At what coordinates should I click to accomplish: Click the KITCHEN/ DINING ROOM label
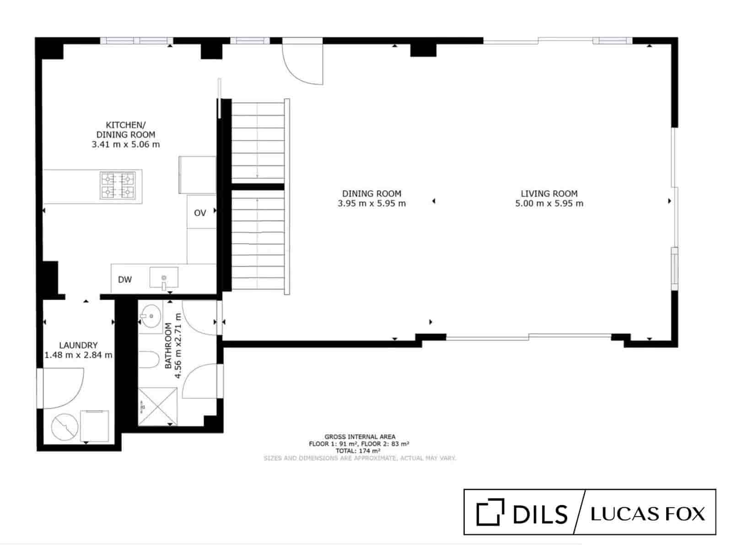[125, 129]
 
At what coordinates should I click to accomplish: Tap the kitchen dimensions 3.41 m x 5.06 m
[126, 145]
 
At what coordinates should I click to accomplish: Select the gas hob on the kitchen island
[118, 185]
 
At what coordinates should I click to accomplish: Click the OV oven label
[200, 213]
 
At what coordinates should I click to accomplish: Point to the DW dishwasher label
[125, 280]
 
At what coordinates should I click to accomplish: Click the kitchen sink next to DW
[164, 278]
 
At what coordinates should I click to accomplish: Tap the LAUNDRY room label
[78, 345]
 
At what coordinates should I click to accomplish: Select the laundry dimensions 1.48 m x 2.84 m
[78, 355]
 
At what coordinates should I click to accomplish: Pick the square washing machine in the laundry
[95, 426]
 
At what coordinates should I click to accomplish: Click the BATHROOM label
[168, 346]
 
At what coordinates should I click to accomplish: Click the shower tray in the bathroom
[157, 406]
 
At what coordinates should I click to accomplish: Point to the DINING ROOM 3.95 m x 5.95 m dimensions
[371, 204]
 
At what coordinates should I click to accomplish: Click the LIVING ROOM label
[549, 194]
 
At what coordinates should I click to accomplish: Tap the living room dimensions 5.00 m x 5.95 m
[549, 204]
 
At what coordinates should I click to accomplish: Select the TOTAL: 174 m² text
[359, 451]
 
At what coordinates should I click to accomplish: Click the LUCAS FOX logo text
[647, 514]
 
